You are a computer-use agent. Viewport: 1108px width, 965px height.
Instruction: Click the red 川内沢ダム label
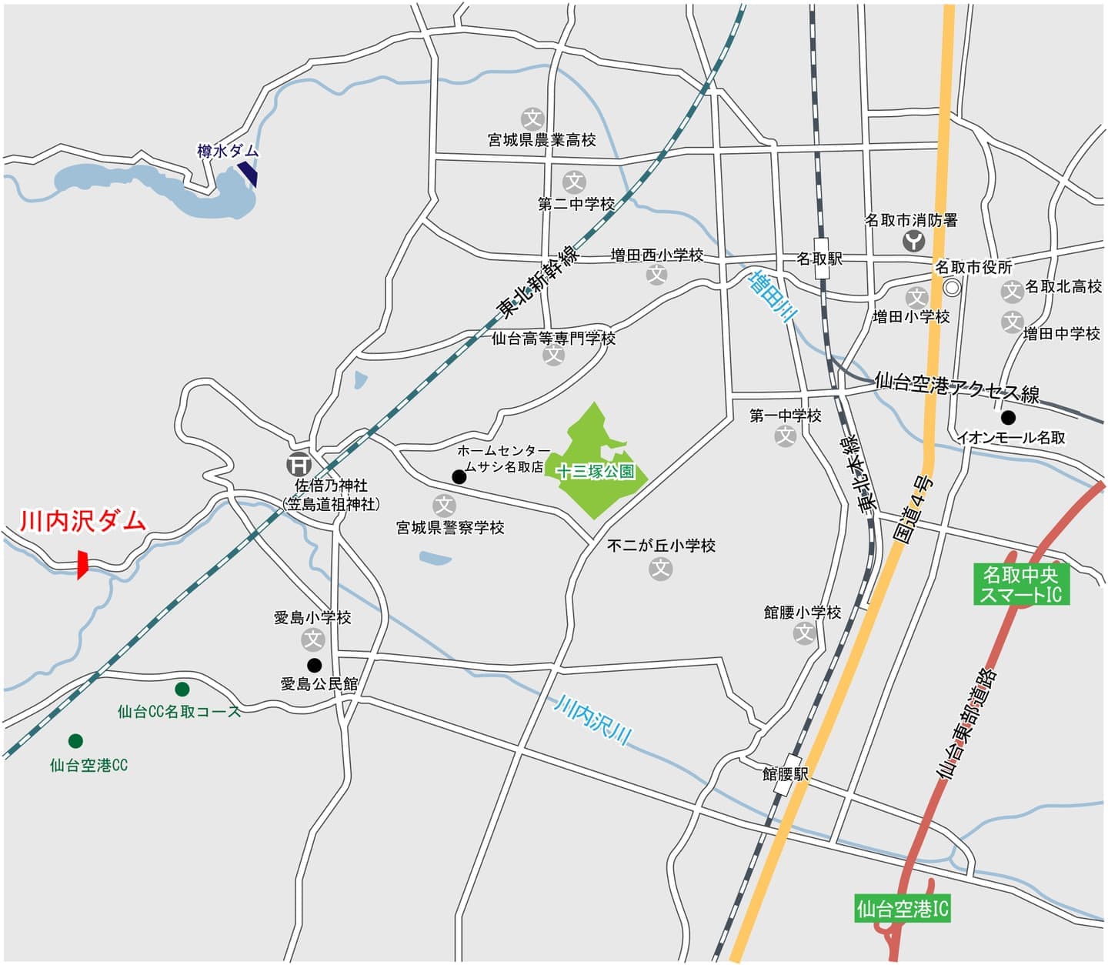[82, 521]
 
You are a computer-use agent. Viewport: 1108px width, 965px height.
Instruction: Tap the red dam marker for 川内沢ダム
[82, 564]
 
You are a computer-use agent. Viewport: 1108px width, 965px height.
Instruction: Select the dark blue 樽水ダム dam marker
[248, 173]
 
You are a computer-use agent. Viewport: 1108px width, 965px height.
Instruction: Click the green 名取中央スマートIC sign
[1021, 584]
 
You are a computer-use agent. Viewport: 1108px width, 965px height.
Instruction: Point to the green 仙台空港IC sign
[903, 909]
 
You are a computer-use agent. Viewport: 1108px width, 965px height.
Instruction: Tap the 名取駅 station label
[819, 259]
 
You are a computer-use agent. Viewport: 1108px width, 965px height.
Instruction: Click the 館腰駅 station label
[785, 773]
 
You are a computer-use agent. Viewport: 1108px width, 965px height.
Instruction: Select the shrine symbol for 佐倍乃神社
[299, 464]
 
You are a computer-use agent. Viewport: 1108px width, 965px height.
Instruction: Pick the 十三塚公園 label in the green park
[596, 472]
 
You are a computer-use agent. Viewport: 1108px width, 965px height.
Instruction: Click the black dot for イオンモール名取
[1008, 418]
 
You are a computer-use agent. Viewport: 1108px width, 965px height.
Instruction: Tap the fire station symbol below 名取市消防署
[913, 242]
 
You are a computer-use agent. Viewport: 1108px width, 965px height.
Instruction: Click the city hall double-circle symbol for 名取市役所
[953, 288]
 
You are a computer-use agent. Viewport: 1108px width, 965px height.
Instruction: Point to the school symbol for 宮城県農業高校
[532, 119]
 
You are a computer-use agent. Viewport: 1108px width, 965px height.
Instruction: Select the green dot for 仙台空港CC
[75, 741]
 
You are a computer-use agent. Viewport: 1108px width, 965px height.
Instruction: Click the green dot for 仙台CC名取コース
[182, 689]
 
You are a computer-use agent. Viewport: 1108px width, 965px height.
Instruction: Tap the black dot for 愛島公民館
[314, 665]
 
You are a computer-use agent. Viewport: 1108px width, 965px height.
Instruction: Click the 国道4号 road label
[916, 509]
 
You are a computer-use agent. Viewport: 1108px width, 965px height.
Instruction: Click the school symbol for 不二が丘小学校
[661, 569]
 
